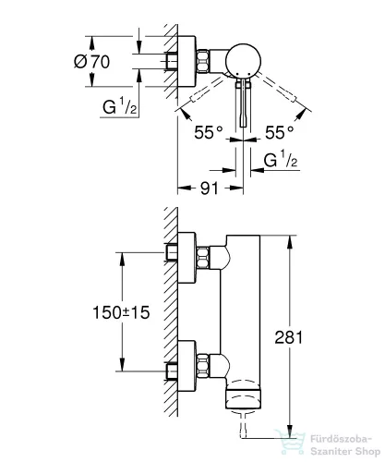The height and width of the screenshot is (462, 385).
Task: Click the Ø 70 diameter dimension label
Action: pyautogui.click(x=91, y=61)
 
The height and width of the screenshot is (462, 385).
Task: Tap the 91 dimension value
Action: pyautogui.click(x=210, y=188)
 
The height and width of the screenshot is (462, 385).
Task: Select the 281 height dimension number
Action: pyautogui.click(x=289, y=337)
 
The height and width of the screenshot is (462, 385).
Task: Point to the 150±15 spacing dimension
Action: pyautogui.click(x=121, y=312)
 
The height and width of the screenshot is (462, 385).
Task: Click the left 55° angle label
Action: pyautogui.click(x=209, y=132)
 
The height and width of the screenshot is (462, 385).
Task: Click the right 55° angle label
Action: pyautogui.click(x=280, y=132)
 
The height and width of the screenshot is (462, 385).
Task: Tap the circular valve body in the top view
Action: pyautogui.click(x=243, y=61)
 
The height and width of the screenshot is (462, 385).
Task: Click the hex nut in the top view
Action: pyautogui.click(x=203, y=61)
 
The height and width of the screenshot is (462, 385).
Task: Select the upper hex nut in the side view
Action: pyautogui.click(x=203, y=258)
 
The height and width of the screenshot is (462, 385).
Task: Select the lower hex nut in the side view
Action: pyautogui.click(x=203, y=366)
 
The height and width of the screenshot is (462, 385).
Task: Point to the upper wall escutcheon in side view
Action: pyautogui.click(x=186, y=258)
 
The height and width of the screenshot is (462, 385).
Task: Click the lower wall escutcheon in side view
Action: pyautogui.click(x=186, y=366)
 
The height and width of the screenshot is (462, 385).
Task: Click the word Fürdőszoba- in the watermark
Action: pyautogui.click(x=342, y=439)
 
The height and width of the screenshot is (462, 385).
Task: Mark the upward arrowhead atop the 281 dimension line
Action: pyautogui.click(x=289, y=243)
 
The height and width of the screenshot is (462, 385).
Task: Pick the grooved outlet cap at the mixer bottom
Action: pyautogui.click(x=245, y=399)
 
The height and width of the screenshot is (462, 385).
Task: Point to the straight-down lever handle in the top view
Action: pyautogui.click(x=243, y=103)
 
